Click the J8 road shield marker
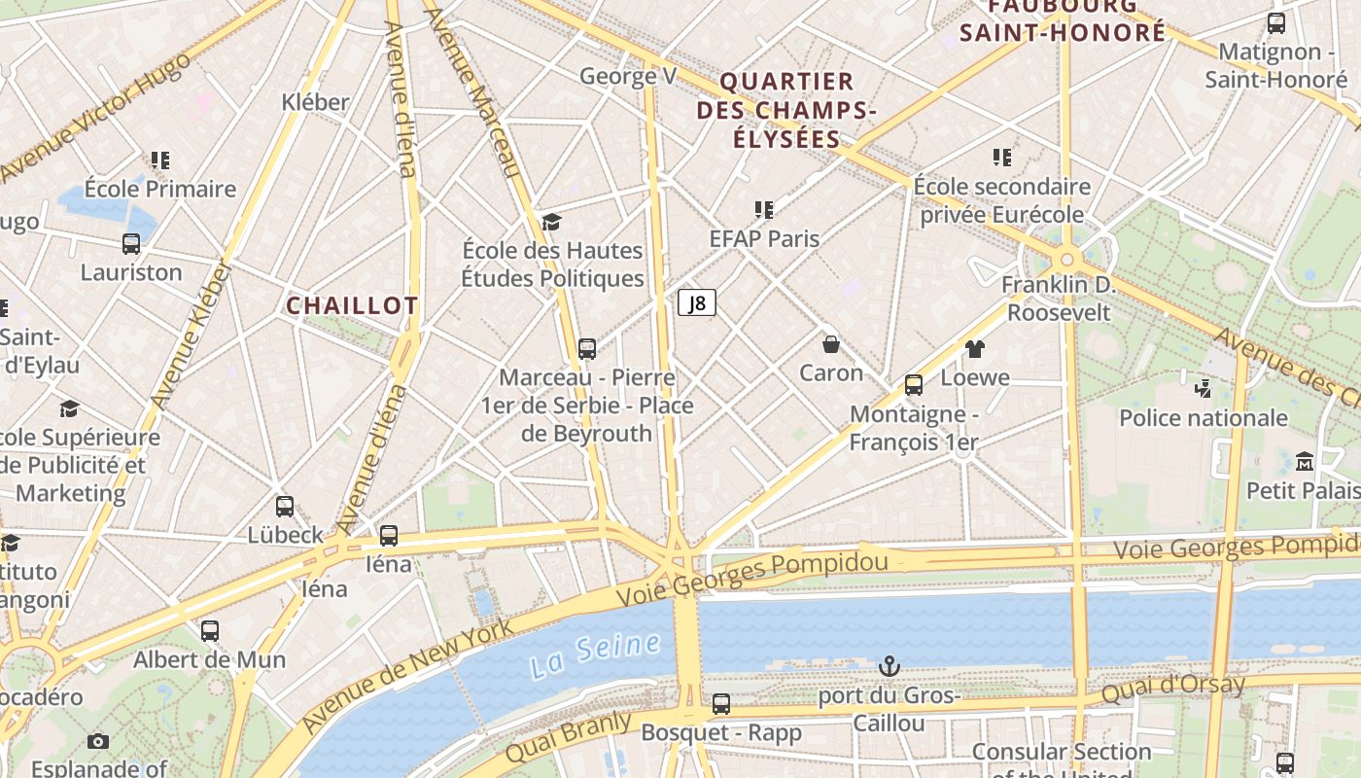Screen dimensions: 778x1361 (x=696, y=303)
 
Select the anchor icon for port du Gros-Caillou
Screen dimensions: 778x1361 (x=889, y=666)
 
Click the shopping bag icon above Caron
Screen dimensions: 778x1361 (x=831, y=344)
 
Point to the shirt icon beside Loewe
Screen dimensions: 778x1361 (x=975, y=349)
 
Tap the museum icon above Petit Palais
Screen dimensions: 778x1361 (x=1305, y=461)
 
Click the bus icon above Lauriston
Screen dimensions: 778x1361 (x=131, y=244)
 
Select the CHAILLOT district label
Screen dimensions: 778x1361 (x=352, y=305)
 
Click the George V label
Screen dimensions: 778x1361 (x=628, y=76)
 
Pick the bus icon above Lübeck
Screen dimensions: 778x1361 (x=285, y=507)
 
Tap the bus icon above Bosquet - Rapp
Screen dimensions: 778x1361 (x=721, y=703)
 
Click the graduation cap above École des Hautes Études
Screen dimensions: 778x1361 (x=551, y=223)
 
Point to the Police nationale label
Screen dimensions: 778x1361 (x=1204, y=418)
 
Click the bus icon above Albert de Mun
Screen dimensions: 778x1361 (x=210, y=630)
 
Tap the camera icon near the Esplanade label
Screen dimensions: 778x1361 (x=97, y=742)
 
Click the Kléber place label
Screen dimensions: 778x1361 (x=315, y=102)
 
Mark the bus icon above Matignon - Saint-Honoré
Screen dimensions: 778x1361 (x=1276, y=23)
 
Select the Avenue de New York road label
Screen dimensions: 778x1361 (x=408, y=675)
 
